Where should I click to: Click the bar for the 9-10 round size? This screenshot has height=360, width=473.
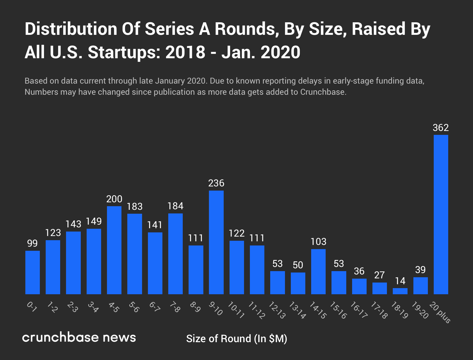pyautogui.click(x=216, y=242)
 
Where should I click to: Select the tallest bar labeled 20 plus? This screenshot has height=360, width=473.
pyautogui.click(x=441, y=214)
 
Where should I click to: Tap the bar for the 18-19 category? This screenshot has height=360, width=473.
pyautogui.click(x=400, y=291)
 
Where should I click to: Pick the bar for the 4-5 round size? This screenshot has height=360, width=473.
pyautogui.click(x=114, y=250)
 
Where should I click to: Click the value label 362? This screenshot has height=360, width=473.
pyautogui.click(x=441, y=128)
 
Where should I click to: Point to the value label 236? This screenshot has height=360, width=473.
pyautogui.click(x=216, y=183)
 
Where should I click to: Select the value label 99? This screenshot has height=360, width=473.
pyautogui.click(x=32, y=243)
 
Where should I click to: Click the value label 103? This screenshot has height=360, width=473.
pyautogui.click(x=318, y=242)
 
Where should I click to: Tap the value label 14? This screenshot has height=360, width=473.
pyautogui.click(x=400, y=281)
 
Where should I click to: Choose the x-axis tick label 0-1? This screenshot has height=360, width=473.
pyautogui.click(x=32, y=307)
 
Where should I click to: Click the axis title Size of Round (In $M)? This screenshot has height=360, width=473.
pyautogui.click(x=236, y=339)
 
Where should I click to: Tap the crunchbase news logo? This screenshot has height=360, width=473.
pyautogui.click(x=79, y=337)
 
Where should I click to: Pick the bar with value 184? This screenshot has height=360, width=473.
pyautogui.click(x=175, y=254)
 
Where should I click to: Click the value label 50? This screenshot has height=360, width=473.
pyautogui.click(x=298, y=265)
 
